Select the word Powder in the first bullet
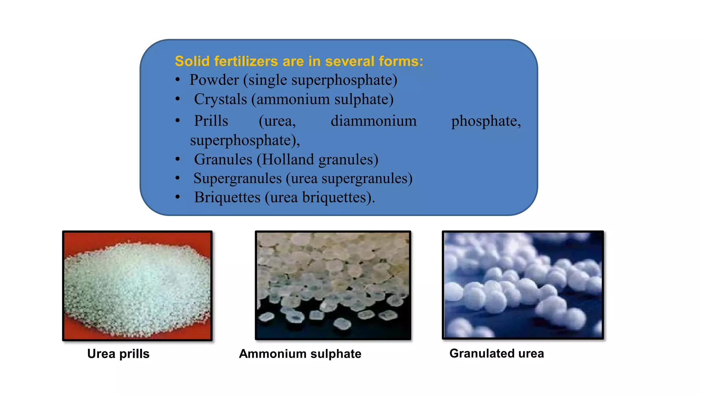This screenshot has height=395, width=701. tap(214, 80)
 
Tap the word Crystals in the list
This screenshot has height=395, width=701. tap(220, 99)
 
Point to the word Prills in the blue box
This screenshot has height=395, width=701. tap(211, 121)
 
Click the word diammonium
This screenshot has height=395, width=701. tap(373, 121)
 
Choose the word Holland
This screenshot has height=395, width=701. tap(288, 159)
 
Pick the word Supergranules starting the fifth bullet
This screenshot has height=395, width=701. tap(238, 179)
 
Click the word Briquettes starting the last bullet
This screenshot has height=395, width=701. tap(227, 197)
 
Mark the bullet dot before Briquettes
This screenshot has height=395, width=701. tap(177, 197)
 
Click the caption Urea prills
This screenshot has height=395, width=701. tap(118, 354)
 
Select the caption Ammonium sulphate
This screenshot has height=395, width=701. tap(300, 354)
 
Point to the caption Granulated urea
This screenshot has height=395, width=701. tap(497, 353)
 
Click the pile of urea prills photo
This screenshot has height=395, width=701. tap(137, 286)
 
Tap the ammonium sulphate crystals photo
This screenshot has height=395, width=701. tap(333, 285)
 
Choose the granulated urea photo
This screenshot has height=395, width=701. tap(523, 285)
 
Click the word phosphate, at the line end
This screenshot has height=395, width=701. tap(486, 121)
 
